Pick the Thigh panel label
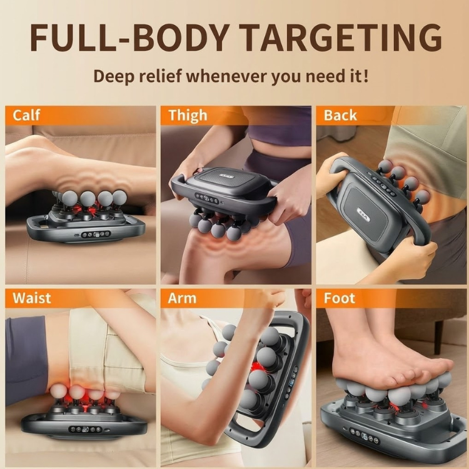[188, 115]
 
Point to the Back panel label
[340, 115]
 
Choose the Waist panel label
[32, 298]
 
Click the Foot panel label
[340, 298]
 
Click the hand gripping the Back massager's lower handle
[410, 256]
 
